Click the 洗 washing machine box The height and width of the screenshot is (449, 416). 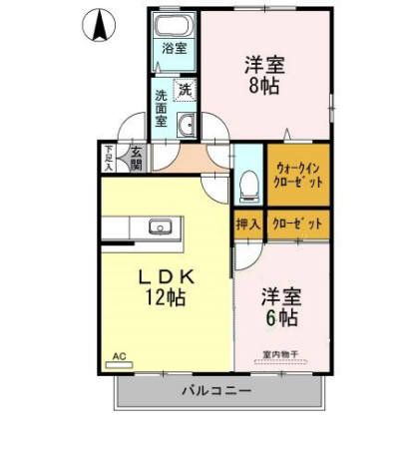[185, 90]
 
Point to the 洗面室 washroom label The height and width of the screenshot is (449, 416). [161, 109]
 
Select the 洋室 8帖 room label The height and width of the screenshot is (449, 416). [264, 75]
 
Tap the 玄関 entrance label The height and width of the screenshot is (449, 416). [136, 159]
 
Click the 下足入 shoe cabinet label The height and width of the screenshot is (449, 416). [109, 159]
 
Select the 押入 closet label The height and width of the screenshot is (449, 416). [247, 224]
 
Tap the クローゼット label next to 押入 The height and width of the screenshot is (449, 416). [296, 224]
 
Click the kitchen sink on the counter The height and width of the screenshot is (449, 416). [161, 226]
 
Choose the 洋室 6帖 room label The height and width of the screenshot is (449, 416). [280, 307]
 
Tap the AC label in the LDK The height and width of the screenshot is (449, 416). [119, 356]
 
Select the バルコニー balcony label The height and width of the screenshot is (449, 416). [215, 390]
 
